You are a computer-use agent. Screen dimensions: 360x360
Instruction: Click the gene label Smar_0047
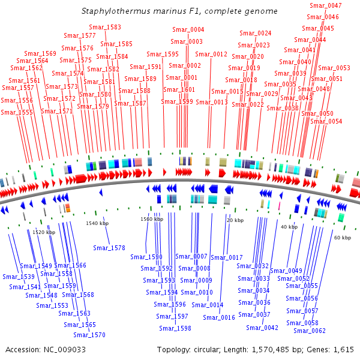326,5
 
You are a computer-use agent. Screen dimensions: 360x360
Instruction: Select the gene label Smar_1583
105,28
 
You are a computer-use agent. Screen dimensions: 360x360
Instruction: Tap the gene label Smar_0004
188,30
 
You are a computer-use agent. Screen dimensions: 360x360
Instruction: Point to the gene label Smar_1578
109,248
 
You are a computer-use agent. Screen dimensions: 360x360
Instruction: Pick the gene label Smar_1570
89,335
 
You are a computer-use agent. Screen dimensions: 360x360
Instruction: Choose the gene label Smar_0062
310,331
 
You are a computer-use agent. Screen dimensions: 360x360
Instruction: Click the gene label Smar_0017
227,257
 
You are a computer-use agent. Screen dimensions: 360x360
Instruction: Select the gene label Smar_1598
175,328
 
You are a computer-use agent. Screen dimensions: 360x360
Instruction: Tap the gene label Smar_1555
17,113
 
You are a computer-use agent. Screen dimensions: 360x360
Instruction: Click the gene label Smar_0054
326,121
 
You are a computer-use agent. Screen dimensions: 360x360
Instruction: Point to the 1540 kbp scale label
97,223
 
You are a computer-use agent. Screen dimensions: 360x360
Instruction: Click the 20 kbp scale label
234,220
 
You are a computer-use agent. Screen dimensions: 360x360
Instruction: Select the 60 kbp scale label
343,238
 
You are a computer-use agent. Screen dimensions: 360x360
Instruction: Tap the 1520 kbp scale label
44,232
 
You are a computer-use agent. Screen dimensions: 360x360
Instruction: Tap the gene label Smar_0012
211,55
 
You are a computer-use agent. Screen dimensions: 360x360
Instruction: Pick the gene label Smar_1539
19,277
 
